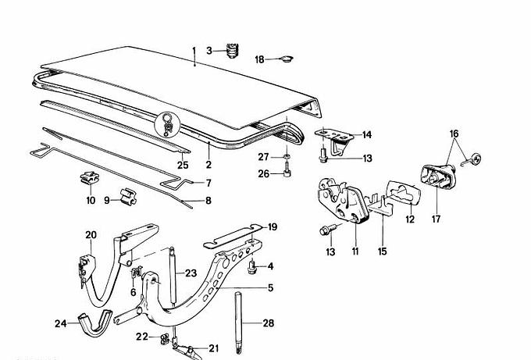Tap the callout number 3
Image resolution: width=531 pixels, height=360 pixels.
[209, 51]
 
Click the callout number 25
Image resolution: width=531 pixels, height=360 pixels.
[183, 164]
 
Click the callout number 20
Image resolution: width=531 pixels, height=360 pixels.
[91, 234]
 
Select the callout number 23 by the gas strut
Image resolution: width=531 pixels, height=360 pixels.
[191, 273]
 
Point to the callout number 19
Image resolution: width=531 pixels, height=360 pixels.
[273, 227]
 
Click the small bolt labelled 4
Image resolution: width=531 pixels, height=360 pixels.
[251, 267]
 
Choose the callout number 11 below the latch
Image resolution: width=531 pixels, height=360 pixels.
[355, 251]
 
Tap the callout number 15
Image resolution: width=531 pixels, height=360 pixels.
[383, 251]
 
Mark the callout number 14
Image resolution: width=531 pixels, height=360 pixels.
[367, 134]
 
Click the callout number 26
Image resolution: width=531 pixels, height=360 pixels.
[264, 173]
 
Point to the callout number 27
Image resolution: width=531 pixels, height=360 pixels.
[264, 157]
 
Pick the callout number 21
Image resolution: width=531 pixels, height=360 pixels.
[213, 349]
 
